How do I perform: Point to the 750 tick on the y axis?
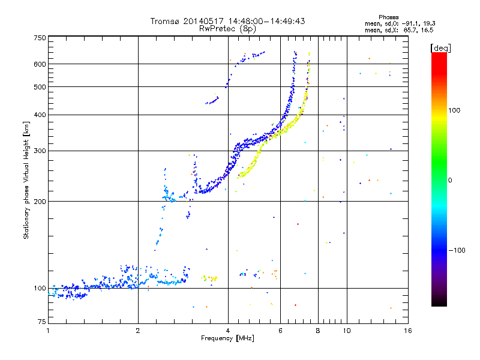pos(40,37)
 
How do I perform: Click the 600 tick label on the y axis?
pos(40,64)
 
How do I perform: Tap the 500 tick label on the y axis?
pos(40,87)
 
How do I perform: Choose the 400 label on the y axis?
pos(40,115)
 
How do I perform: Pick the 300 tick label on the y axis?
pos(40,151)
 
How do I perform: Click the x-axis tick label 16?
pos(407,331)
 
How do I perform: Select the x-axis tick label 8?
pos(318,331)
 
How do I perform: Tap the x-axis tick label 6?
pos(280,331)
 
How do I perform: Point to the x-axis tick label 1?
pos(48,331)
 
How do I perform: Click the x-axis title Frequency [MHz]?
pos(227,339)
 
